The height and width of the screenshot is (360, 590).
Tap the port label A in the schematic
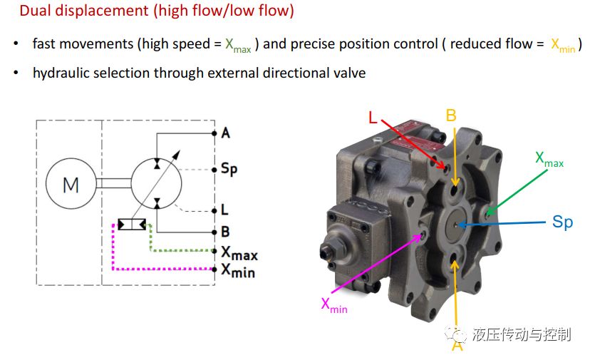coord(225,133)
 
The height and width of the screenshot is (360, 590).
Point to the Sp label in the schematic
coord(229,169)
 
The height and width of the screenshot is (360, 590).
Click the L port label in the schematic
coord(224,210)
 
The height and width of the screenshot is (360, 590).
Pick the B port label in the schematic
coord(225,232)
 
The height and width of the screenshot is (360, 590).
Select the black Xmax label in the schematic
coord(239,252)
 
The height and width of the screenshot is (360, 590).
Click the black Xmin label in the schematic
coord(238,270)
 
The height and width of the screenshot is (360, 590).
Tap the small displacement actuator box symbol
coord(132,225)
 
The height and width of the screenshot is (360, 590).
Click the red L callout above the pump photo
coord(373,118)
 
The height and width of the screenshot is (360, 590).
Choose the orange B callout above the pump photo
coord(451,115)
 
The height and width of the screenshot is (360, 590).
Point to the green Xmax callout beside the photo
coord(549,159)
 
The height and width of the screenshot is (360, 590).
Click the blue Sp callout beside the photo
coord(562,222)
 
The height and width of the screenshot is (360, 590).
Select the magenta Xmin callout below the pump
coord(334,305)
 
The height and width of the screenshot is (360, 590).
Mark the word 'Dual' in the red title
coord(36,11)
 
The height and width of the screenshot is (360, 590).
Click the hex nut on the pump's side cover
coord(328,250)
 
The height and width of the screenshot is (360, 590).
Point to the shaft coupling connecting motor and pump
coord(113,183)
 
